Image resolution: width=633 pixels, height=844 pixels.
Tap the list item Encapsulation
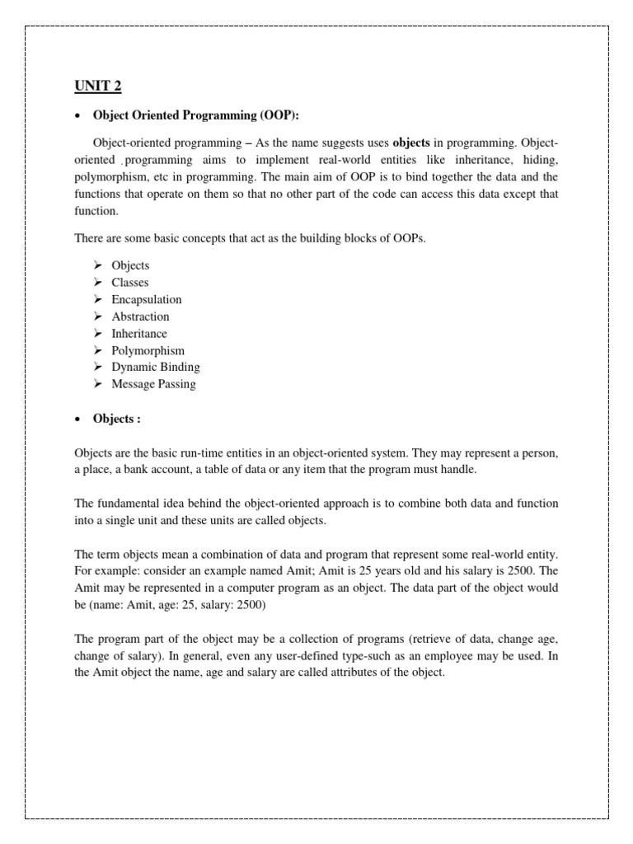tap(147, 299)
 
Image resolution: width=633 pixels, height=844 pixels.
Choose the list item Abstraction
tap(140, 316)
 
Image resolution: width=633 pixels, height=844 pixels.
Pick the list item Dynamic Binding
tap(156, 367)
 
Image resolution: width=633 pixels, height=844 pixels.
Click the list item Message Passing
tap(153, 384)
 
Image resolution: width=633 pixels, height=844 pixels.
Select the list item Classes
tap(130, 283)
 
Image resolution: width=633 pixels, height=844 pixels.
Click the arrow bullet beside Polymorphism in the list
tap(96, 350)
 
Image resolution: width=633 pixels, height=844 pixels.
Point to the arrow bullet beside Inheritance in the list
tap(96, 334)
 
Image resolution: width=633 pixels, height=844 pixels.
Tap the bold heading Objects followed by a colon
tap(116, 419)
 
